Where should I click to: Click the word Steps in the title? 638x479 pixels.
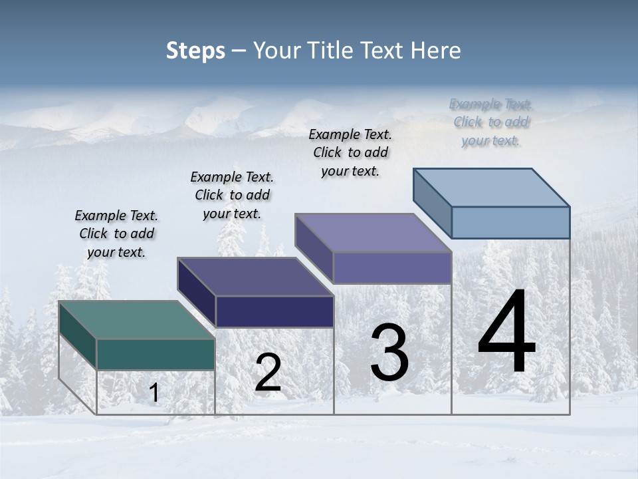(195, 51)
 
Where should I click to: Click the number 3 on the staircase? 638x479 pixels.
(389, 353)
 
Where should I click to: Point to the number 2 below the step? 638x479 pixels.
(268, 373)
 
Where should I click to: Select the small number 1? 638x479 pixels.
(154, 393)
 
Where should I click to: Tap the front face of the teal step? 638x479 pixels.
(156, 354)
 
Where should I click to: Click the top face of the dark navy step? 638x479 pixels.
(255, 276)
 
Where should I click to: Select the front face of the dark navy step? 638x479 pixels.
(274, 311)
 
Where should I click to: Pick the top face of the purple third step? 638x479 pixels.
(373, 232)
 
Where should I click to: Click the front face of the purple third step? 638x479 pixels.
(392, 267)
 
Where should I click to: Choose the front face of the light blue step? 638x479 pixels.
(510, 222)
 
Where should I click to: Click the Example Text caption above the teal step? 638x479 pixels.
(116, 234)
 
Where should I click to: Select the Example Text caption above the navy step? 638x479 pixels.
(232, 195)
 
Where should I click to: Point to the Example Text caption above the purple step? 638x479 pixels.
(350, 152)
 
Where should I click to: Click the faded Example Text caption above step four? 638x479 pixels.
(490, 122)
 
